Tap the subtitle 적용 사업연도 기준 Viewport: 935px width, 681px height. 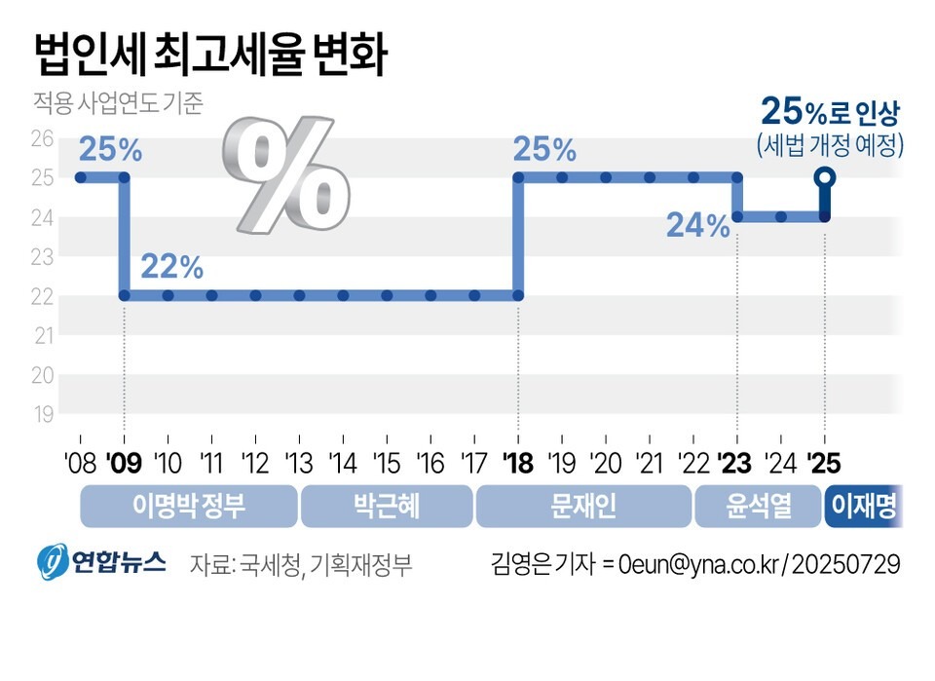tap(118, 104)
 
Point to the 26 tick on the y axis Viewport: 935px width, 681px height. tap(42, 138)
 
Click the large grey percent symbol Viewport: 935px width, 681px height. tap(284, 172)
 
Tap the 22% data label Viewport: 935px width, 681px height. tap(171, 266)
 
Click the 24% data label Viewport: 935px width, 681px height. tap(698, 226)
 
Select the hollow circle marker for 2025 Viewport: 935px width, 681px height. tap(825, 177)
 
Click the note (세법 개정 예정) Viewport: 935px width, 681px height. tap(831, 146)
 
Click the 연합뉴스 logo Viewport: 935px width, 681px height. tap(101, 563)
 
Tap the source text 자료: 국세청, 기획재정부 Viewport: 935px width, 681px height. tap(301, 564)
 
